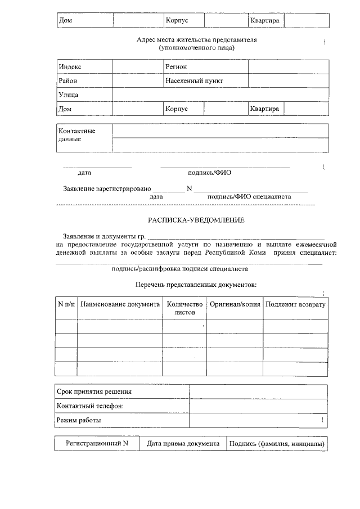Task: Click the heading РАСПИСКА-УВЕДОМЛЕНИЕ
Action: [196, 220]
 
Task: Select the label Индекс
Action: [70, 67]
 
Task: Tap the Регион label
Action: [176, 67]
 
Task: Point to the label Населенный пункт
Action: [194, 81]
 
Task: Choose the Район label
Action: [68, 81]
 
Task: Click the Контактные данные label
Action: [77, 135]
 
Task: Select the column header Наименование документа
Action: [120, 304]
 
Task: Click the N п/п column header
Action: [66, 304]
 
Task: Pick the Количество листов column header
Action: [185, 308]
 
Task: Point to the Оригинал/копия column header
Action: [235, 304]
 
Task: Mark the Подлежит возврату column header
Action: [295, 304]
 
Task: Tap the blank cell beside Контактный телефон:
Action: [259, 406]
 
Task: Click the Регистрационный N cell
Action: [97, 444]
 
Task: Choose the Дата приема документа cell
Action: [183, 444]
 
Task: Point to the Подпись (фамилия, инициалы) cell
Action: [276, 444]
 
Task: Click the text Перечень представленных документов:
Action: [196, 285]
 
